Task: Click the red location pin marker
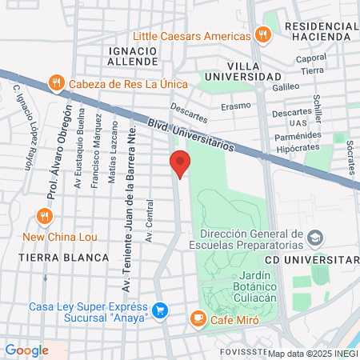point(180,163)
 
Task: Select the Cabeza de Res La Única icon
point(55,82)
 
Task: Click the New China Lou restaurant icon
point(44,216)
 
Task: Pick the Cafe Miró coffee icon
point(197,318)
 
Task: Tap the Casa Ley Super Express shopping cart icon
point(160,310)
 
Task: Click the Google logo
point(26,350)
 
